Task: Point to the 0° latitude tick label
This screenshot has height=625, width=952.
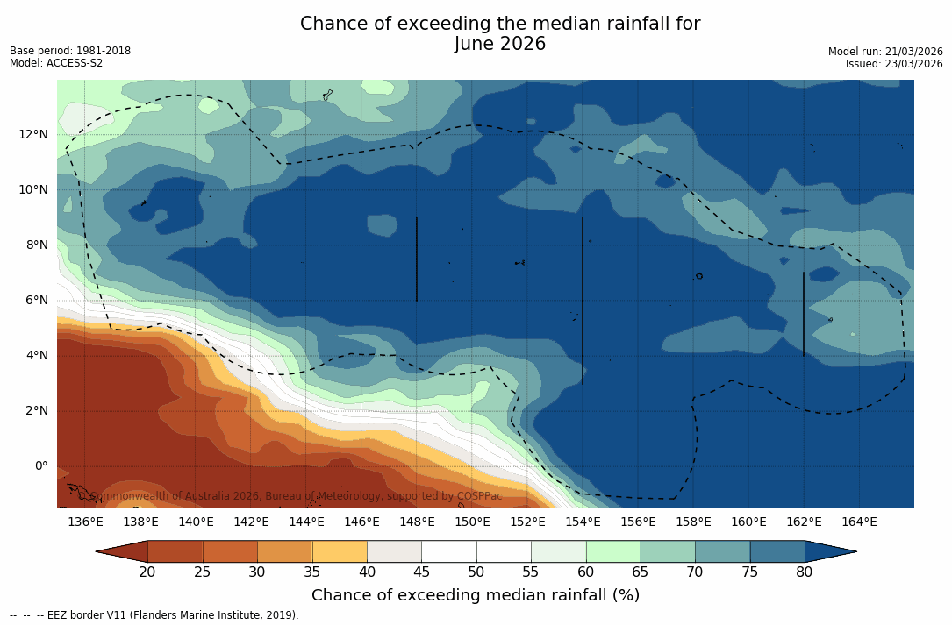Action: coord(40,465)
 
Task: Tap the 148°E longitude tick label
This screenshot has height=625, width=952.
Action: coord(417,522)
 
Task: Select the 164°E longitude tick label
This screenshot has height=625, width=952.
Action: coord(859,522)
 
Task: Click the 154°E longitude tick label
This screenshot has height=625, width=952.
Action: coord(583,522)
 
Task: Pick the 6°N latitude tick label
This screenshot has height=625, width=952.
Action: coord(36,300)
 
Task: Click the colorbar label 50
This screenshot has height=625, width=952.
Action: coord(476,572)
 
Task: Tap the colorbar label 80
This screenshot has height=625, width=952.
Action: coord(805,572)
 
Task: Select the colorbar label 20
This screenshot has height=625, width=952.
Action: coord(147,572)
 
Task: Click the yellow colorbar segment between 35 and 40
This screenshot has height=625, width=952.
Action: coord(340,551)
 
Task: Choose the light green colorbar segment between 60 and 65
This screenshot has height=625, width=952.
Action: coord(613,551)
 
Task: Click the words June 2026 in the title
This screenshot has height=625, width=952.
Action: coord(500,44)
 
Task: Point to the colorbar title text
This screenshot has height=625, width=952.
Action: coord(476,595)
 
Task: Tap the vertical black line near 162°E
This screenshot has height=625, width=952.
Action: coord(804,314)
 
